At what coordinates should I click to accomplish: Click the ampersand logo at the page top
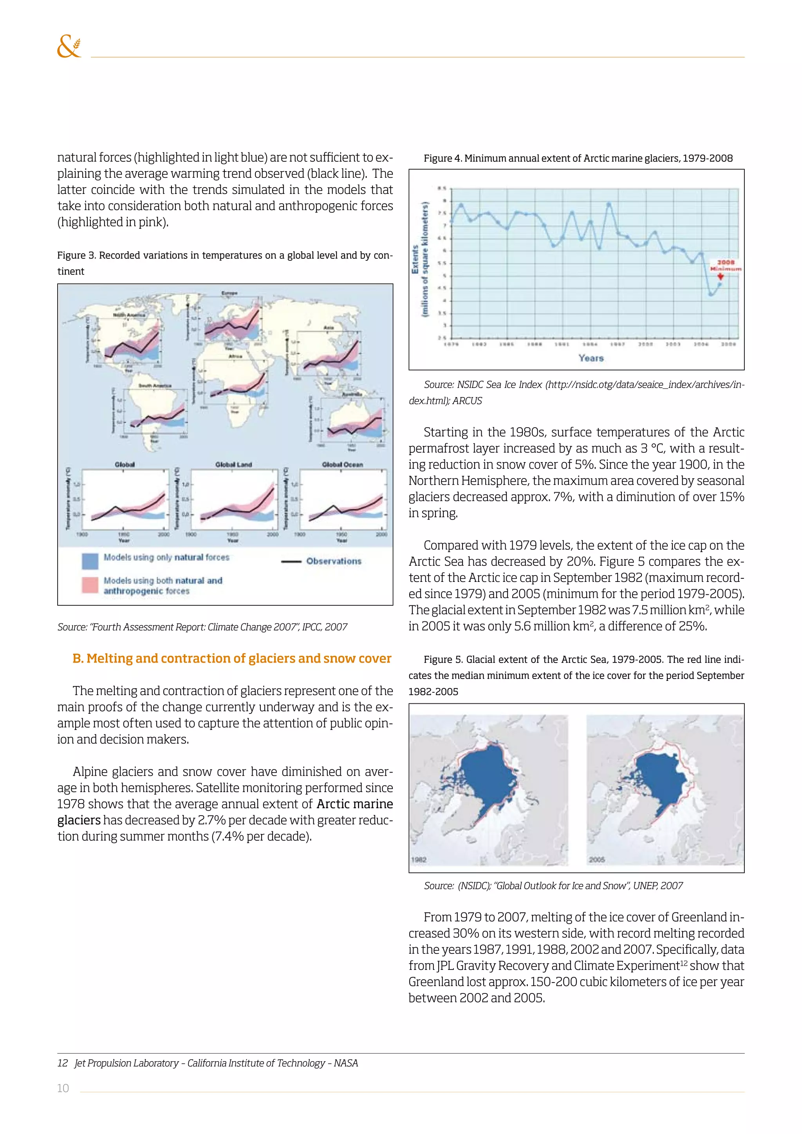(x=69, y=47)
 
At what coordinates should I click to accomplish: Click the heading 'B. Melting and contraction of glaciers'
(x=231, y=658)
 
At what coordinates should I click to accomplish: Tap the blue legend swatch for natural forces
(x=90, y=561)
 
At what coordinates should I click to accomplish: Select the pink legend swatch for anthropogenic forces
(x=90, y=585)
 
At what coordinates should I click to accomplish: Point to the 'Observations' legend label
(x=333, y=561)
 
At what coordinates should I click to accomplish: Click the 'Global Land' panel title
(x=233, y=464)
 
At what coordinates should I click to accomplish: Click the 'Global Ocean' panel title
(x=342, y=464)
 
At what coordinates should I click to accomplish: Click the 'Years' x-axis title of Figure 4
(x=591, y=358)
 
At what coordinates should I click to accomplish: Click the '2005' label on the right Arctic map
(x=596, y=860)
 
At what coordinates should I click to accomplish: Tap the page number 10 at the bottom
(x=63, y=1088)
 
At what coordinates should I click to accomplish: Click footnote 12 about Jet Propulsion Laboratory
(x=208, y=1063)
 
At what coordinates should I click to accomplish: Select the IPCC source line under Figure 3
(x=202, y=627)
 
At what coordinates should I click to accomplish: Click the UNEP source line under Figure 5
(x=553, y=886)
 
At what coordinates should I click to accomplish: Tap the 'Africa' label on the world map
(x=235, y=356)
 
